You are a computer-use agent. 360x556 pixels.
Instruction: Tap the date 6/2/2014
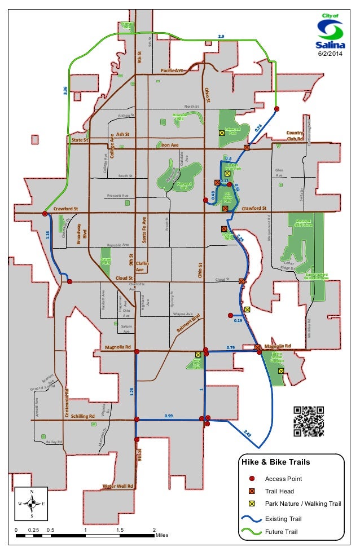click(330, 54)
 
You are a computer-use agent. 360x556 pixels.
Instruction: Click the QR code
click(309, 421)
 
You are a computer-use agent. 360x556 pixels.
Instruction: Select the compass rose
click(32, 503)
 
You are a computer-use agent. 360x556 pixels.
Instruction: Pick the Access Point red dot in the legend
click(252, 479)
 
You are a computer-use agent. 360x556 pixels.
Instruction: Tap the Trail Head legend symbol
click(252, 491)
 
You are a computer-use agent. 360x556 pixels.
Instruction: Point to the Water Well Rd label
click(117, 486)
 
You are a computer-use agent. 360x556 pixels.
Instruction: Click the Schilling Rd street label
click(84, 416)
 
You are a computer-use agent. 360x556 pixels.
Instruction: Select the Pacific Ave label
click(172, 70)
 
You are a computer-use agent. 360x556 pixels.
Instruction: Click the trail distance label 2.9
click(221, 36)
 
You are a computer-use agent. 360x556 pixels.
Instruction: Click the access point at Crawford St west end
click(45, 214)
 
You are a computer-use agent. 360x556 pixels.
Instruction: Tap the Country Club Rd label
click(295, 135)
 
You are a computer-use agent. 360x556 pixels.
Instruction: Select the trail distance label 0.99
click(168, 416)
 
